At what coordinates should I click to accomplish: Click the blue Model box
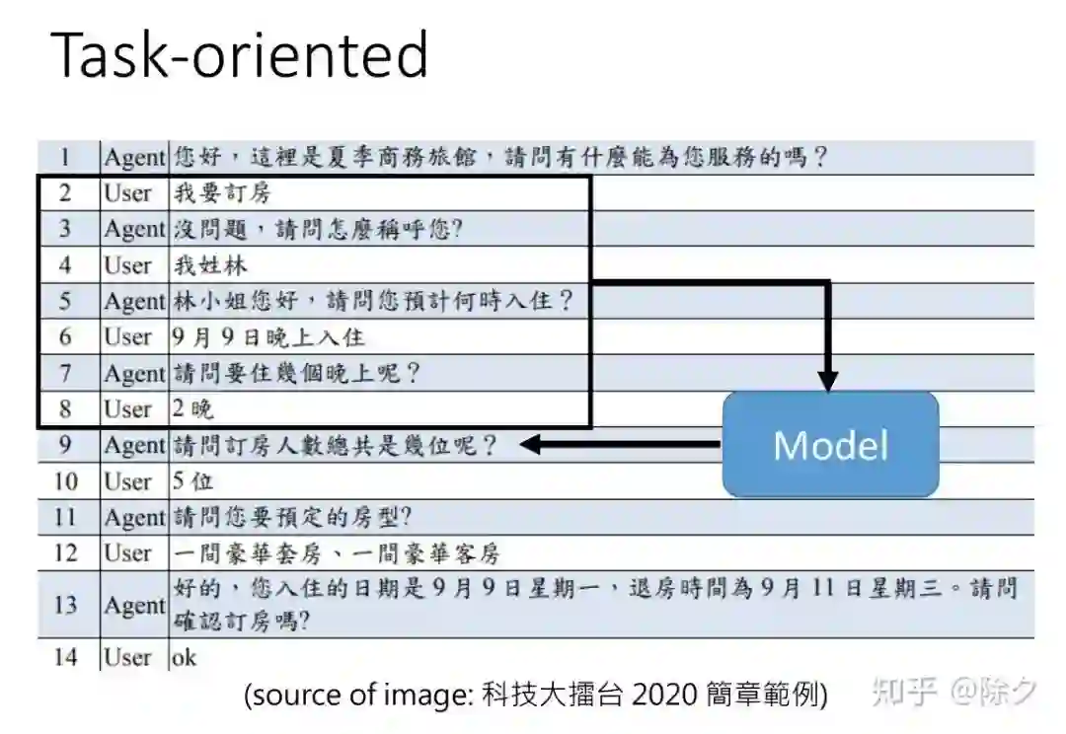pos(830,444)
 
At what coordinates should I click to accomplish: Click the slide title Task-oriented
pos(240,55)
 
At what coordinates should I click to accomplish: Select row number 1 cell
pos(65,157)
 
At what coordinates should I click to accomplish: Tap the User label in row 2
pos(128,193)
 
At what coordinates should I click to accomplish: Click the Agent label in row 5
pos(133,301)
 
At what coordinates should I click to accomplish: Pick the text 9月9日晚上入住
pos(268,337)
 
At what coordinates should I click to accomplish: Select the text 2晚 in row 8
pos(193,409)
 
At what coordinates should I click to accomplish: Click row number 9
pos(65,445)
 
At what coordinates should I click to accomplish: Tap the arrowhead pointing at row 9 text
pos(529,445)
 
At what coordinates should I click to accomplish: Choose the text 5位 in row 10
pos(192,481)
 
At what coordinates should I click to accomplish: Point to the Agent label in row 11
pos(133,517)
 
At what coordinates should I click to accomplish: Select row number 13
pos(65,604)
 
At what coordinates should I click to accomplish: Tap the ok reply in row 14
pos(185,657)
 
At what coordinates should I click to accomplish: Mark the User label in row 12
pos(128,553)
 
